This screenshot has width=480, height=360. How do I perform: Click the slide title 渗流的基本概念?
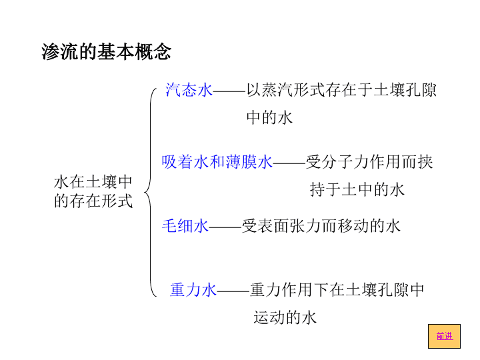[x=106, y=51]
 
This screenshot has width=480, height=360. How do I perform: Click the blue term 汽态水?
[x=189, y=90]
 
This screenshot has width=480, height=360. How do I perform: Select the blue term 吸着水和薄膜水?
[x=217, y=162]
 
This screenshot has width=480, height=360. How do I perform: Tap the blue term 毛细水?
[x=185, y=226]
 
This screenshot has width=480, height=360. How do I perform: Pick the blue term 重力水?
[x=193, y=289]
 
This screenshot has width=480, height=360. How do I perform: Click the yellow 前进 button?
[x=444, y=336]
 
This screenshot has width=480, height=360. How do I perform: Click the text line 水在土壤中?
[x=93, y=182]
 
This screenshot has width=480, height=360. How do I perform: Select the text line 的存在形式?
[x=93, y=201]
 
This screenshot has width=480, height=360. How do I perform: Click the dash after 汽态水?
[x=229, y=91]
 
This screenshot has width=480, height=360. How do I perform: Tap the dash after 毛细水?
[x=225, y=227]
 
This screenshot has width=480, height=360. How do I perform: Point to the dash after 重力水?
[x=233, y=291]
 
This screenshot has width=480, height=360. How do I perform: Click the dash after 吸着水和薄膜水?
[x=289, y=163]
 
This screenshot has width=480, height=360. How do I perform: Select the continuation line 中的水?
[x=269, y=118]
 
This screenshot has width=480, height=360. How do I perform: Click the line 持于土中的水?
[x=357, y=189]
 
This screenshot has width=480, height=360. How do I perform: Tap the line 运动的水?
[x=285, y=317]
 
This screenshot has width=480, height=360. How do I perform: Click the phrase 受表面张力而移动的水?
[x=321, y=226]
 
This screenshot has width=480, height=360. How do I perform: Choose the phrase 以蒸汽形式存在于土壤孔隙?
[x=341, y=90]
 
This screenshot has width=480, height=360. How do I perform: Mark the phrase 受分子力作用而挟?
[x=369, y=162]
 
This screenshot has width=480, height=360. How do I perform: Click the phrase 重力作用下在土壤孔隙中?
[x=337, y=289]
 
